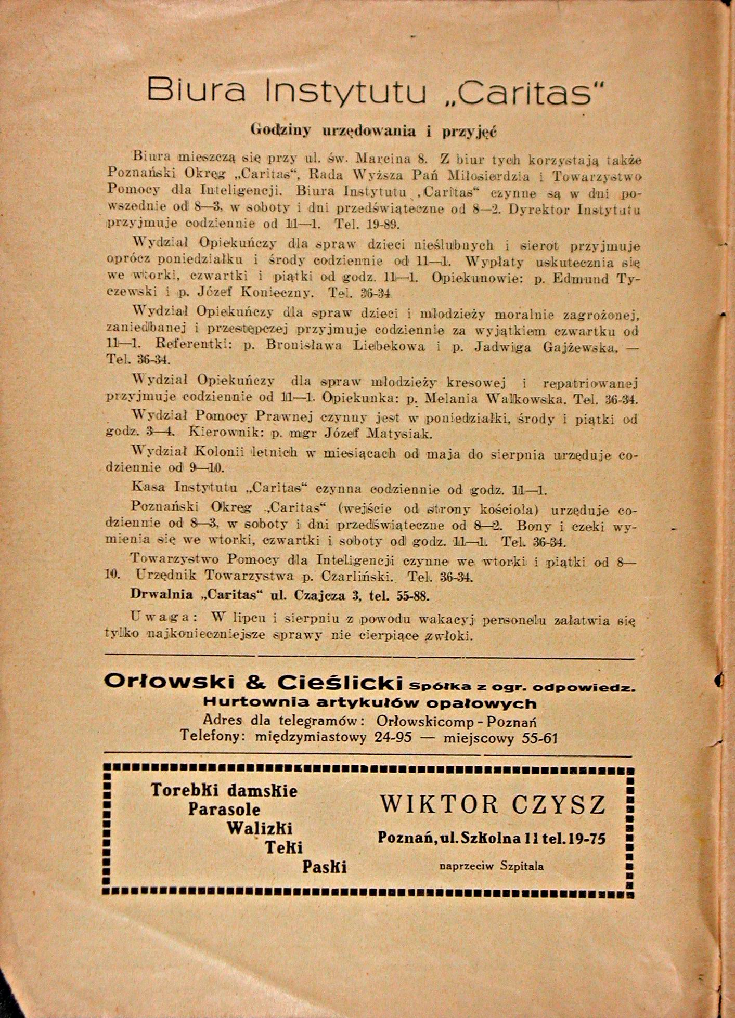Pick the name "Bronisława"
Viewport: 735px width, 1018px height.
point(303,346)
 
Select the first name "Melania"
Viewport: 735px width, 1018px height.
point(450,399)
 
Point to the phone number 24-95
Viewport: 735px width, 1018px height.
point(393,737)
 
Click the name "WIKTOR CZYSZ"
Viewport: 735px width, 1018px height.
point(493,805)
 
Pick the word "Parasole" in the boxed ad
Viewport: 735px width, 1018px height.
point(224,810)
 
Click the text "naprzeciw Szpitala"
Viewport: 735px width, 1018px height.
point(492,866)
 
